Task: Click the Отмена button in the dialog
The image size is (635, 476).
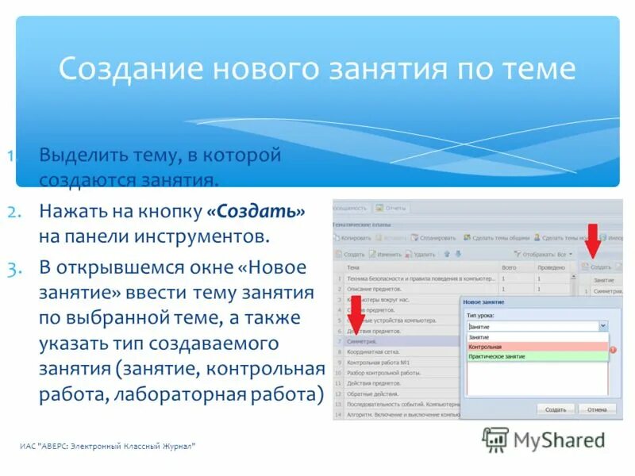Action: point(597,409)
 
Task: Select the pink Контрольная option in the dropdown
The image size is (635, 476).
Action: point(537,347)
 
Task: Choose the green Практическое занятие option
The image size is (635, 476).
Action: point(537,357)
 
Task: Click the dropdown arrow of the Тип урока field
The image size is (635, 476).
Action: point(602,326)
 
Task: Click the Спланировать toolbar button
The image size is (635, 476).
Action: point(433,237)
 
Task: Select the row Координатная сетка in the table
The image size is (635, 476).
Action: point(373,351)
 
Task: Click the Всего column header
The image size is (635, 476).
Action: point(510,268)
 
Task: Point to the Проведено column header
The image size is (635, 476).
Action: point(552,268)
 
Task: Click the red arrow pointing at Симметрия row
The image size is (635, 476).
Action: point(356,322)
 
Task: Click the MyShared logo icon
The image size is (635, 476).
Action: point(495,440)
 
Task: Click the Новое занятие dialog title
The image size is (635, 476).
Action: point(484,303)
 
